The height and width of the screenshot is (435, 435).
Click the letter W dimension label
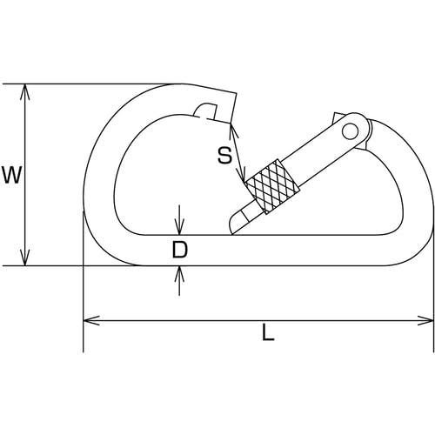click(11, 175)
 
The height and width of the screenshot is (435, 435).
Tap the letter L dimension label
click(268, 332)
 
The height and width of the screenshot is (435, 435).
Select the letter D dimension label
click(180, 250)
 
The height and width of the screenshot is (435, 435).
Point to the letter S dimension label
click(225, 155)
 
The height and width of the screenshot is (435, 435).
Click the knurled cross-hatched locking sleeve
click(272, 187)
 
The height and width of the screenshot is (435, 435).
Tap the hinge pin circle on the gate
click(350, 131)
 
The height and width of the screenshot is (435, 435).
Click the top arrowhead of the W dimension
click(25, 91)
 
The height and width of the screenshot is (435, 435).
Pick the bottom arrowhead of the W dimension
click(25, 258)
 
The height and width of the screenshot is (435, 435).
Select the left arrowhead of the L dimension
click(91, 320)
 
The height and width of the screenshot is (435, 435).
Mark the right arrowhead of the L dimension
click(425, 320)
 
